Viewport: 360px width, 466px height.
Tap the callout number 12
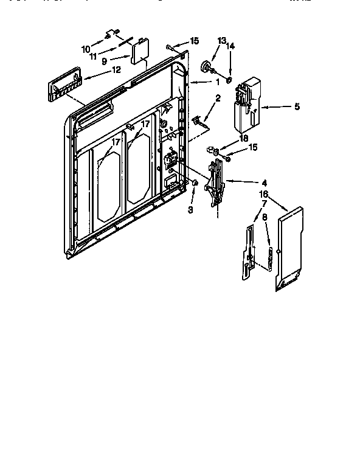[x=116, y=69]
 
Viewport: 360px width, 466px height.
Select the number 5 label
[x=297, y=106]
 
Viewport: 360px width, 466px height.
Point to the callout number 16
[x=263, y=194]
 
